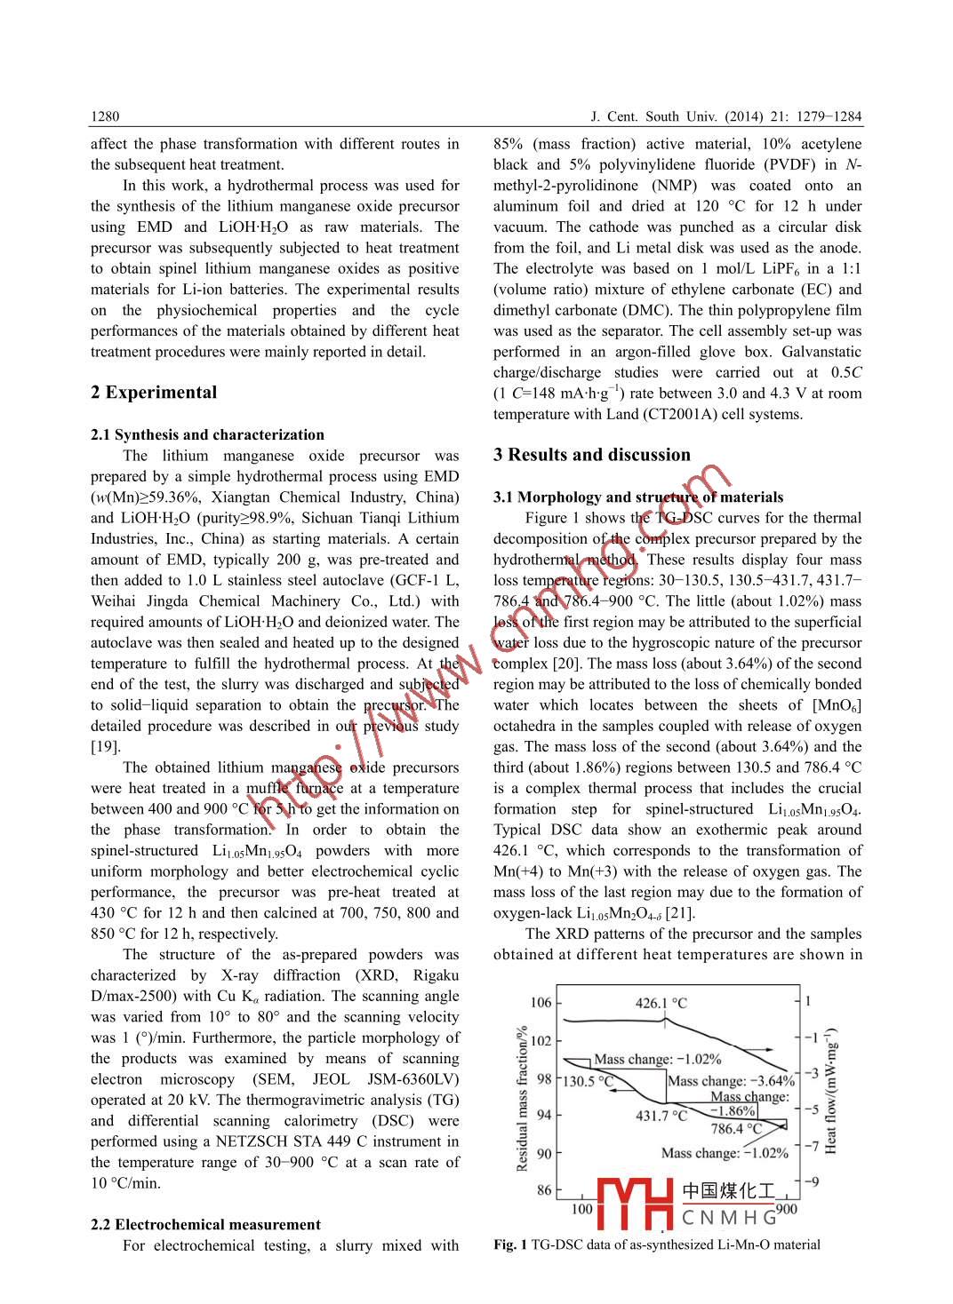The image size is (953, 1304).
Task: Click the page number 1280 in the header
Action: [105, 117]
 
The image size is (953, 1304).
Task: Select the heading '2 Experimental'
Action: [154, 393]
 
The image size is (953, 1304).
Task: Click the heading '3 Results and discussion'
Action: [592, 455]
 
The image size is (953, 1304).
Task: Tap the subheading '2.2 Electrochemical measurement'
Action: [205, 1224]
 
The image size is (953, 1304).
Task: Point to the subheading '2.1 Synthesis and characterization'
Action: [207, 434]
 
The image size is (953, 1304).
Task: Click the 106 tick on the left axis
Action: [541, 1003]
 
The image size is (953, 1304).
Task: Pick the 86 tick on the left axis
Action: [543, 1190]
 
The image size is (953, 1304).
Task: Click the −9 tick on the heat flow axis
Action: [811, 1181]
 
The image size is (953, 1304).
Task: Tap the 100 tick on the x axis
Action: [581, 1209]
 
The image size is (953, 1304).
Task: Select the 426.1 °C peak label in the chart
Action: [661, 1003]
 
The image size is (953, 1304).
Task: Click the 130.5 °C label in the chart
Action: [588, 1081]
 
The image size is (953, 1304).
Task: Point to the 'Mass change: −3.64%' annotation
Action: [731, 1081]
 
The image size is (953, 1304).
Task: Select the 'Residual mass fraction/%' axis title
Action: [523, 1098]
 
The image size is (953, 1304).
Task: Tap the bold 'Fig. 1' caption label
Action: [510, 1244]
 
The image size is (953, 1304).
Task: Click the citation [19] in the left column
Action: [105, 747]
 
